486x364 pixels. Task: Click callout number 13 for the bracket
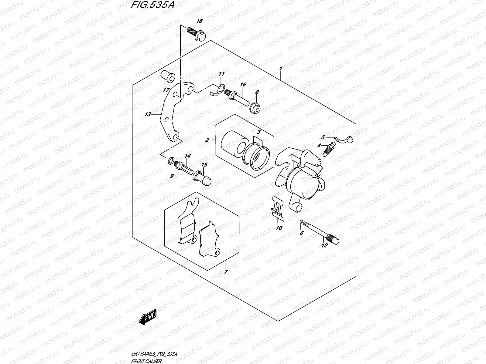point(148,114)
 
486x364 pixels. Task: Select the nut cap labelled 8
point(255,108)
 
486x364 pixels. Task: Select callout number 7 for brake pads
point(226,272)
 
